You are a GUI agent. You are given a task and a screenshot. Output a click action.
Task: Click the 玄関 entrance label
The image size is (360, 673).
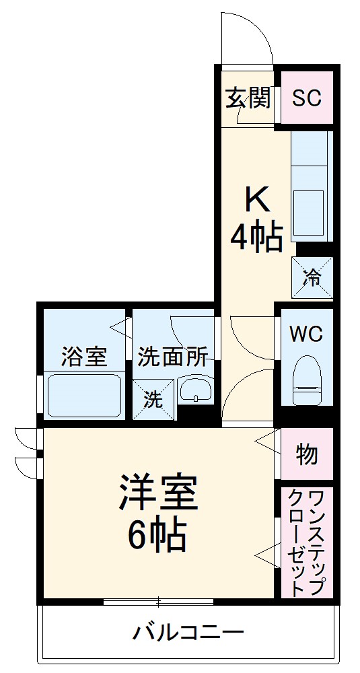click(x=248, y=99)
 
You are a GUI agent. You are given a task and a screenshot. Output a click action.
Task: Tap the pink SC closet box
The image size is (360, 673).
click(x=306, y=98)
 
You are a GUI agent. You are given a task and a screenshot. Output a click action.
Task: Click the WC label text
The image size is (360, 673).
click(x=306, y=334)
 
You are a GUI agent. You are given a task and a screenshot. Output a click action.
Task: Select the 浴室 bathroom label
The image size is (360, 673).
click(x=83, y=357)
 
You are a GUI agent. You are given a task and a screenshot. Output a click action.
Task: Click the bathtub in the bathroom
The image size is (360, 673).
click(x=83, y=396)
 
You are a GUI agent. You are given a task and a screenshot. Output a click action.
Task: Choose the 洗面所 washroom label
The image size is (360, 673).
click(x=172, y=357)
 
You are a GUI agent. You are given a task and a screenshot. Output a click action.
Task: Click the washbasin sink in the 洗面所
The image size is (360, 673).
click(x=195, y=391)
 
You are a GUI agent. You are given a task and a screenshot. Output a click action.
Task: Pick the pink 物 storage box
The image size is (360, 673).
click(x=307, y=454)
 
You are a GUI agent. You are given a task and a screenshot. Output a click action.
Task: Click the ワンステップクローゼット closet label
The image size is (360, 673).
click(x=307, y=542)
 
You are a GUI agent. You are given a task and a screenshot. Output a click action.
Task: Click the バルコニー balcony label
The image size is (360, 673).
click(x=188, y=633)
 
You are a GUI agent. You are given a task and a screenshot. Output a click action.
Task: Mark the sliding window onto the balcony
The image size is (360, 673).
click(x=159, y=601)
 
